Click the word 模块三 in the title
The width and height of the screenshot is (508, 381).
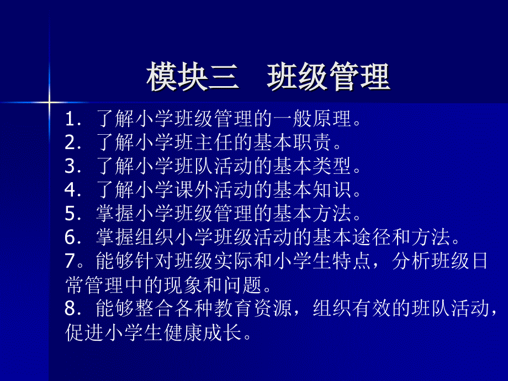(x=193, y=76)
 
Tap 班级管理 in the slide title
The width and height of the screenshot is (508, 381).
(x=329, y=76)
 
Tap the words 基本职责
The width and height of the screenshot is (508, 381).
(x=293, y=142)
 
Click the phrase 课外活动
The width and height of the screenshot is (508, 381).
(x=214, y=190)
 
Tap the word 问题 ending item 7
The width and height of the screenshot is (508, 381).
(x=242, y=285)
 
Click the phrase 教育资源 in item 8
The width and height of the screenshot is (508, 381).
(x=253, y=309)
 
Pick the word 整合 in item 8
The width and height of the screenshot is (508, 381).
(x=155, y=309)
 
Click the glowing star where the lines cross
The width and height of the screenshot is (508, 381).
(x=49, y=102)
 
